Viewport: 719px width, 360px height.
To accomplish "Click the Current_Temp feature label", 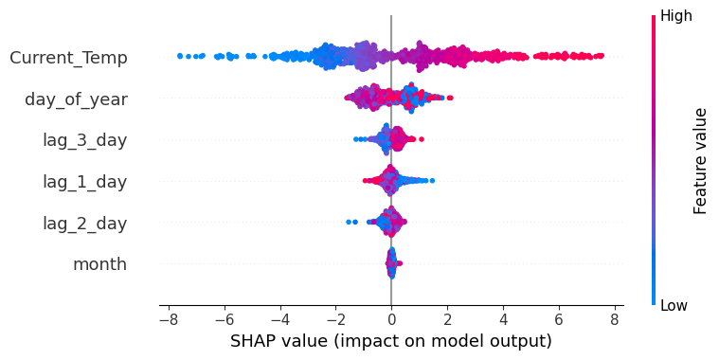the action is coord(68,58).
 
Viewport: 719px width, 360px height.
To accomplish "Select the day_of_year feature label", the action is coord(76,99).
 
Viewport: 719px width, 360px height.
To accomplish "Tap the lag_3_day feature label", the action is coord(85,141).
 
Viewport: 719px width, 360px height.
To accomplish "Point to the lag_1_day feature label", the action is coord(85,182).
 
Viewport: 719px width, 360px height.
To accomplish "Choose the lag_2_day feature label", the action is coord(85,224).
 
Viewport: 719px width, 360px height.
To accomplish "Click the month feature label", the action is coord(100,264).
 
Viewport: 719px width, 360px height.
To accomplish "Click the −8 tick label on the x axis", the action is coord(169,319).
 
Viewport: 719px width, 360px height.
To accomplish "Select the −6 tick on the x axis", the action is coord(225,319).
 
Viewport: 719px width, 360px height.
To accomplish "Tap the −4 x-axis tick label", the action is coord(279,319).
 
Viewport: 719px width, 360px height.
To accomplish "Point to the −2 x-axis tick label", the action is coord(335,319).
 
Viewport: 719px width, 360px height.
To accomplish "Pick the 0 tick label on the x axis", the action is coord(391,319).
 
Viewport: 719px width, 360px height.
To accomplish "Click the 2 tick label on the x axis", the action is coord(447,319).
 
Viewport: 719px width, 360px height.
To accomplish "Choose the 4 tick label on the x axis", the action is coord(503,319).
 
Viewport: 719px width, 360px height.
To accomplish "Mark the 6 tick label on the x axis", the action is coord(559,319).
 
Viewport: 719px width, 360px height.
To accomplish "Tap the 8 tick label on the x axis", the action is coord(615,319).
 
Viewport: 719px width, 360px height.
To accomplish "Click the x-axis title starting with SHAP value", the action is coord(391,341).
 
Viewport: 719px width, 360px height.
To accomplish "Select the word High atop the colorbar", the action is coord(675,16).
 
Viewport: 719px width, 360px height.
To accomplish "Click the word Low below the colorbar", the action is coord(674,305).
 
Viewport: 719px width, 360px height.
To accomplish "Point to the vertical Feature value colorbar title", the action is coord(700,161).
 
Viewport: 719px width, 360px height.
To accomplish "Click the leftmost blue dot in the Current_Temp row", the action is coord(180,56).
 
